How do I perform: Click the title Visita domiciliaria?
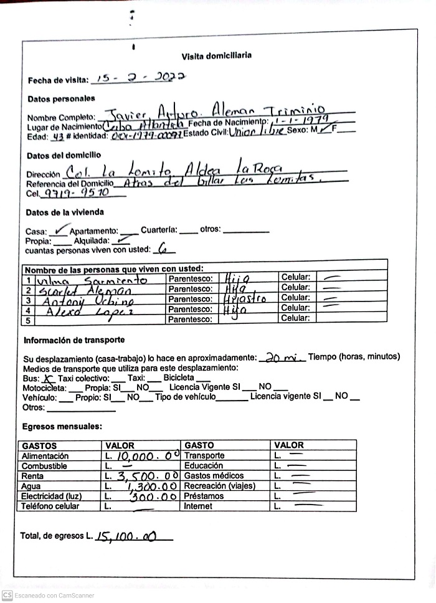(x=217, y=55)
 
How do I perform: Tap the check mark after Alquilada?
(x=123, y=239)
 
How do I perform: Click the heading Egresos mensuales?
(x=62, y=427)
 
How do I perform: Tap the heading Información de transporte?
(x=73, y=340)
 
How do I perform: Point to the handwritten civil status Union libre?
(x=257, y=132)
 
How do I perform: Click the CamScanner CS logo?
(x=7, y=595)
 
